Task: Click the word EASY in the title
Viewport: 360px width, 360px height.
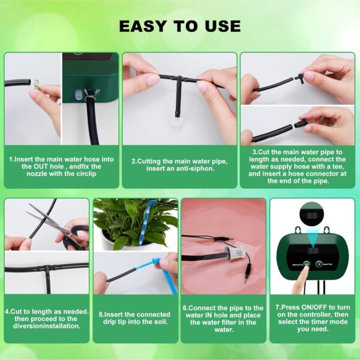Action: click(x=143, y=26)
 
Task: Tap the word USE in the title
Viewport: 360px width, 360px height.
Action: click(x=223, y=26)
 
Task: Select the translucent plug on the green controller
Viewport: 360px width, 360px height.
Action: click(x=78, y=95)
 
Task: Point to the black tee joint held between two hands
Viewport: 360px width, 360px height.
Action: click(x=179, y=79)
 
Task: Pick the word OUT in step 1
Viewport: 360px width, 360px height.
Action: click(x=41, y=166)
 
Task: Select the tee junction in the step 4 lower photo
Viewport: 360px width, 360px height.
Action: click(x=48, y=268)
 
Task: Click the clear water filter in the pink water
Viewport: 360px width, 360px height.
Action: click(x=234, y=253)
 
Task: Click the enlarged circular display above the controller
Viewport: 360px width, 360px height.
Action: click(x=312, y=215)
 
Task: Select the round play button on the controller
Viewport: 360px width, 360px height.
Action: click(x=319, y=264)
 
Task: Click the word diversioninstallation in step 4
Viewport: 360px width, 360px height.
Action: click(x=47, y=326)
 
